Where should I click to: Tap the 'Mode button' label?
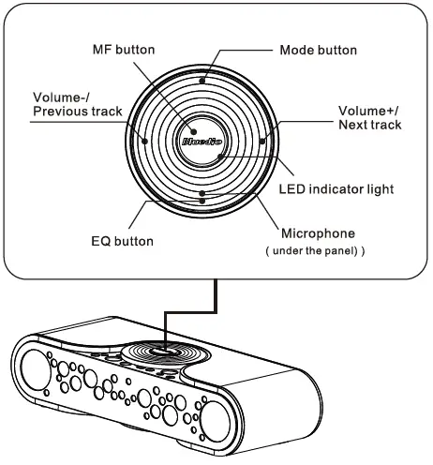[x=319, y=49]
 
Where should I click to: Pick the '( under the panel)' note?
[x=315, y=252]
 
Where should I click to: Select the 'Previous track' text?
[x=77, y=112]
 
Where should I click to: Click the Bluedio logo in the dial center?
[x=201, y=145]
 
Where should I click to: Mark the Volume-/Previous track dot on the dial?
[x=145, y=141]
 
